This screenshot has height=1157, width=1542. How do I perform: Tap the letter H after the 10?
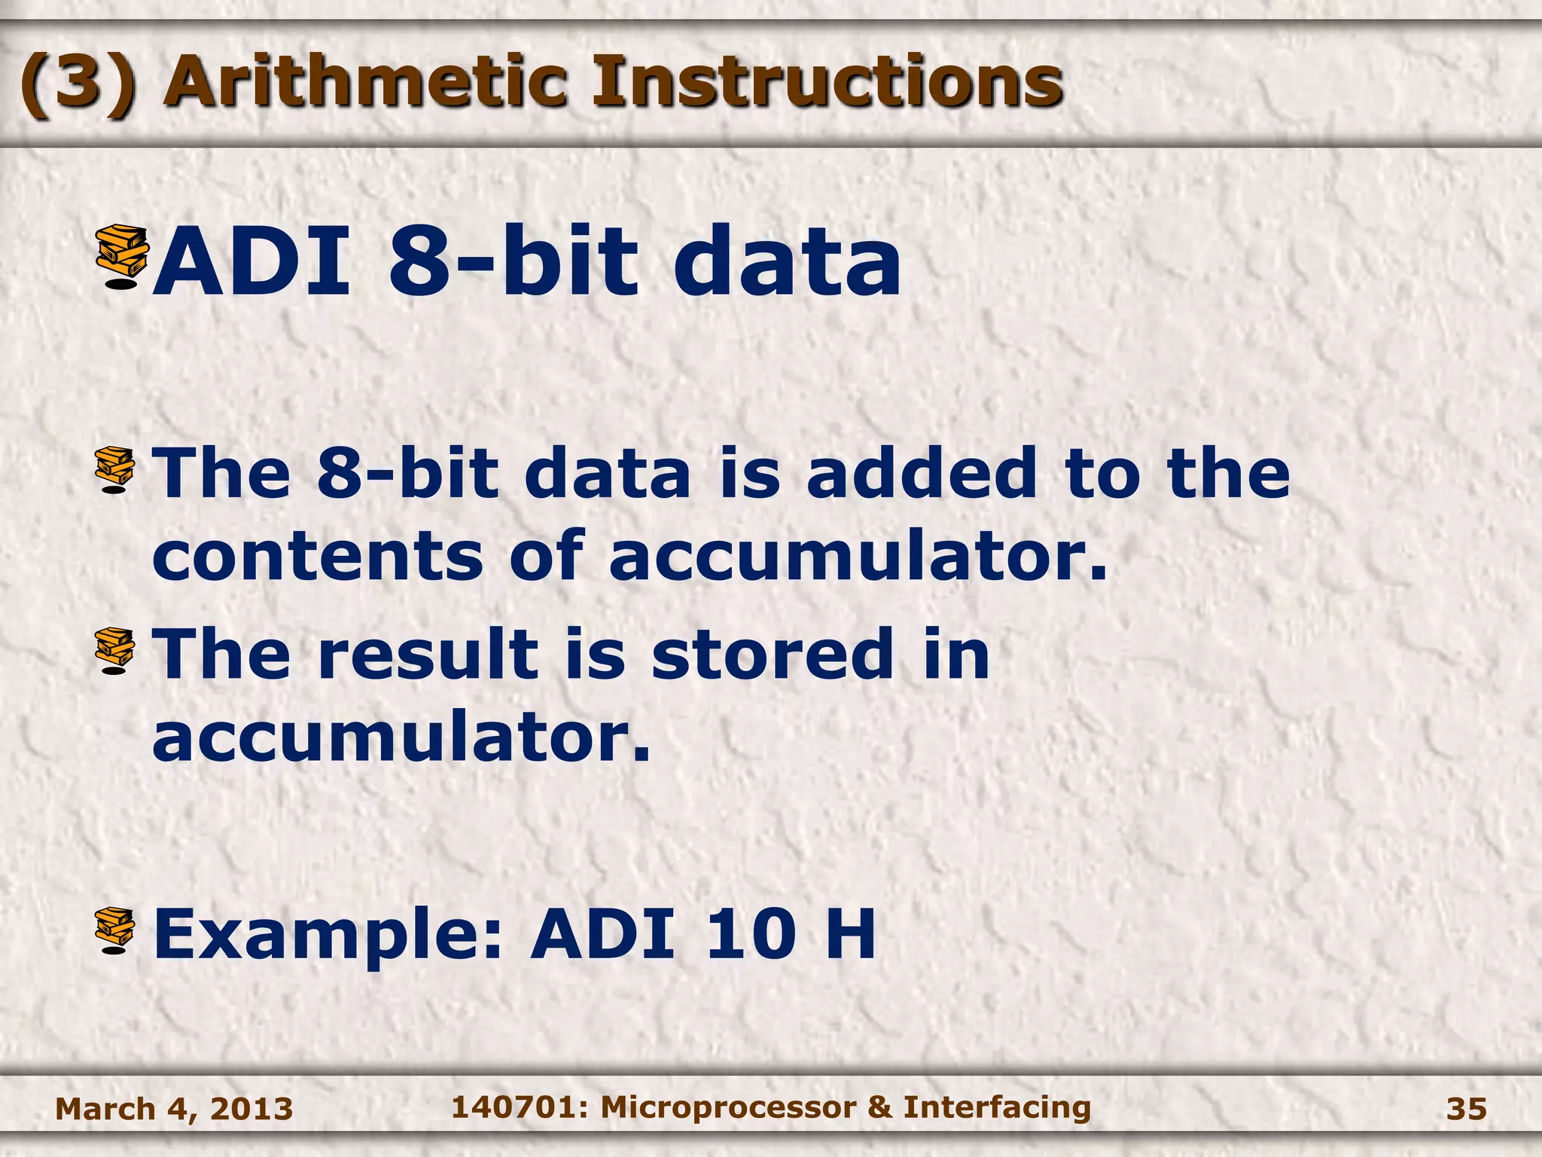coord(850,934)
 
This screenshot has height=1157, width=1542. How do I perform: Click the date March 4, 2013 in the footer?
coord(174,1109)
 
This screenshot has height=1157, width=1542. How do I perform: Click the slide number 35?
coord(1466,1109)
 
